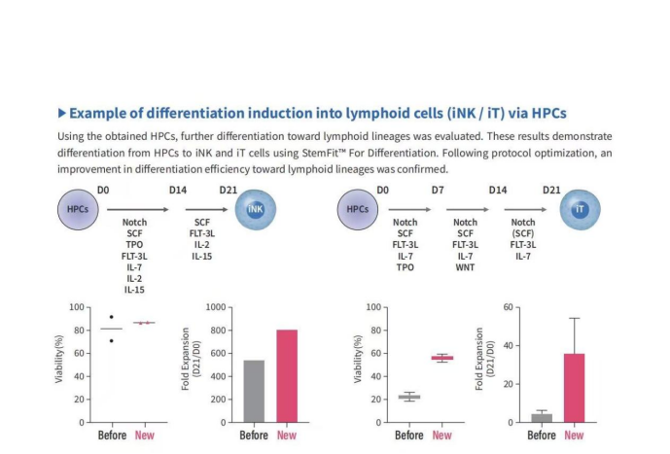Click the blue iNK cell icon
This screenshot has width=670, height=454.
[x=256, y=210]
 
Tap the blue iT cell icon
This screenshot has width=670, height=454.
[x=580, y=210]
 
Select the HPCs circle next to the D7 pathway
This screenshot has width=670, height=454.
[x=358, y=210]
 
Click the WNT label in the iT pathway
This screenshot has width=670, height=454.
[x=465, y=267]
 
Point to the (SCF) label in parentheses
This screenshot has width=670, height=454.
[x=523, y=233]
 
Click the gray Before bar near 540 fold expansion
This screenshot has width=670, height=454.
[x=254, y=391]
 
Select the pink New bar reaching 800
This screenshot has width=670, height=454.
[x=287, y=376]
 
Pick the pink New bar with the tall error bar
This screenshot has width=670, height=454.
[x=575, y=388]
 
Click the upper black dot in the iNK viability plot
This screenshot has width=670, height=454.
[x=112, y=317]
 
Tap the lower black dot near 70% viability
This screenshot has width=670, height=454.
[x=112, y=341]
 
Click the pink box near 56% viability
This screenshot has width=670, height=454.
[x=442, y=358]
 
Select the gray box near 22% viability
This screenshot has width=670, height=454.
[x=409, y=397]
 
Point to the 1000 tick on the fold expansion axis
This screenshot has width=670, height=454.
[x=216, y=307]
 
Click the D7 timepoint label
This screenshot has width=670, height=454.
[x=438, y=190]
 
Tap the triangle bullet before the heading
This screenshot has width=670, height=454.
[x=62, y=113]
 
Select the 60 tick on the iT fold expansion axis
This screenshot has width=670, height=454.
[x=508, y=307]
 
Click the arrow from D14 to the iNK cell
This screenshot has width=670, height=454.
[x=207, y=210]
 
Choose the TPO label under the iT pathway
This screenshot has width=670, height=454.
[x=406, y=267]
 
